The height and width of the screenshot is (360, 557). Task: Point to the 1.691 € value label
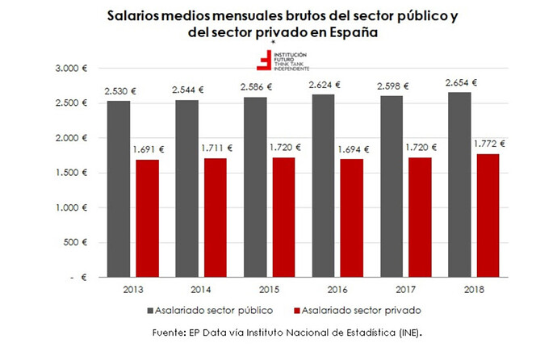point(147,149)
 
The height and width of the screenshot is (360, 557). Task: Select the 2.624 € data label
point(324,85)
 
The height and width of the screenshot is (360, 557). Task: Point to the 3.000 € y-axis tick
point(72,69)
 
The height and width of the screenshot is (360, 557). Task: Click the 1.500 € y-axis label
point(72,173)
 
